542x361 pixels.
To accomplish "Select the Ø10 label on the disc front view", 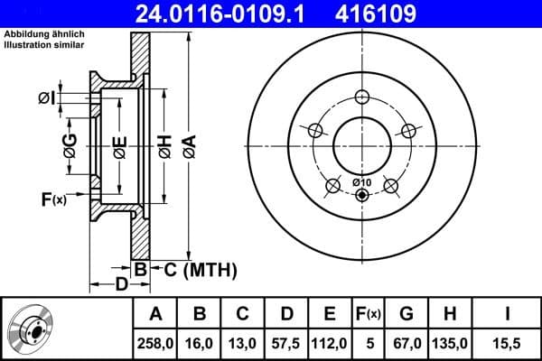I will (360, 184).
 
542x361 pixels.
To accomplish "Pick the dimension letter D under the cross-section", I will (120, 286).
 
